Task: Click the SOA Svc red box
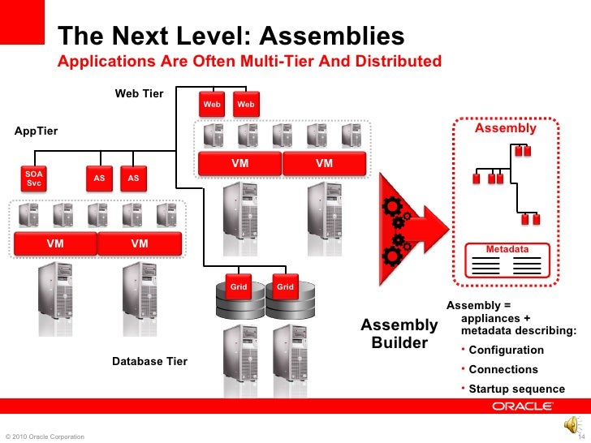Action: click(34, 178)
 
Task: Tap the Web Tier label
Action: click(139, 94)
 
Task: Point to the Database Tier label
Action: click(149, 361)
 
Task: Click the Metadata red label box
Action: click(507, 248)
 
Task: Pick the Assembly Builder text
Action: click(399, 334)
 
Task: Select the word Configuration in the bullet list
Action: click(507, 350)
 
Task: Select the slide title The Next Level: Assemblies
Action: click(231, 37)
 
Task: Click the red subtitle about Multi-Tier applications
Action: click(249, 62)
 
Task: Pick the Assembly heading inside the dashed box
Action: click(505, 128)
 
